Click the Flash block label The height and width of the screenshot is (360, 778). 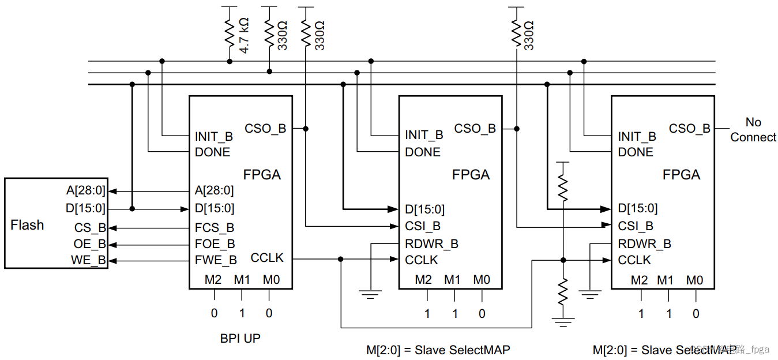point(27,225)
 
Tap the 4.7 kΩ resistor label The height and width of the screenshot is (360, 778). point(245,36)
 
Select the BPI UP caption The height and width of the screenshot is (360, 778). point(240,338)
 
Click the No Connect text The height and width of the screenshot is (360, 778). point(753,130)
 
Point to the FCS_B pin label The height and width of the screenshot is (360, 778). point(215,228)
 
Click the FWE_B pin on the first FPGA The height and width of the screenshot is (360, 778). point(216,261)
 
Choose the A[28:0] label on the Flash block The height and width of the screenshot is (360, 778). point(86,191)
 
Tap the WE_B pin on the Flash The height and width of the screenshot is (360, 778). point(89,261)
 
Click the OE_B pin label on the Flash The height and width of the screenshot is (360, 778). point(90,245)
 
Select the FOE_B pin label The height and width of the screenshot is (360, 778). point(215,245)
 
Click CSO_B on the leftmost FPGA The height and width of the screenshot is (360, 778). point(265,129)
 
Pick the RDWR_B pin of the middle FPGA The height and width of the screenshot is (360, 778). point(431,244)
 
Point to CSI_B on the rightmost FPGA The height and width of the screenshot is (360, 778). point(636,226)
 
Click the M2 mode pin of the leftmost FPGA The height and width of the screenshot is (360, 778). point(213,280)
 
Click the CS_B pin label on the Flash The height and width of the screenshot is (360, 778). point(90,228)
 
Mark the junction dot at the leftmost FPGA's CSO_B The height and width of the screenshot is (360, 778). point(305,129)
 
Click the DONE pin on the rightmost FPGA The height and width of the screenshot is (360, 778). point(636,152)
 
